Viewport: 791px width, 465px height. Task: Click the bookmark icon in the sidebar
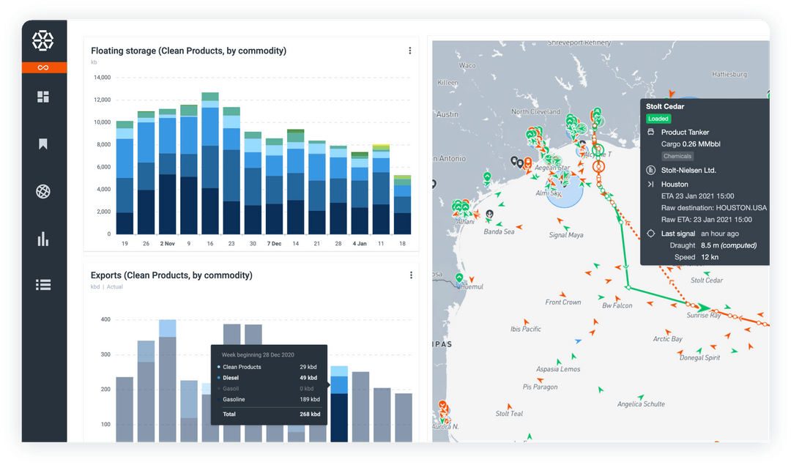click(x=43, y=144)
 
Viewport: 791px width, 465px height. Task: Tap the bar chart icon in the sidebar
click(x=43, y=239)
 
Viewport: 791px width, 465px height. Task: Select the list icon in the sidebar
click(x=43, y=286)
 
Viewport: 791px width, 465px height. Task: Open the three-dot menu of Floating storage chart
click(x=409, y=51)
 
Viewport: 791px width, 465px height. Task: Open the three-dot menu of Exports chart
click(x=411, y=275)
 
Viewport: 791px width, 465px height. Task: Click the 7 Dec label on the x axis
click(x=274, y=243)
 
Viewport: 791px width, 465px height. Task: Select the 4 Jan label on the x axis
click(x=359, y=243)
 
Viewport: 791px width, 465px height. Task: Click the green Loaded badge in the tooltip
click(x=658, y=119)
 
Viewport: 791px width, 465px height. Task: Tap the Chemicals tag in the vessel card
click(x=677, y=156)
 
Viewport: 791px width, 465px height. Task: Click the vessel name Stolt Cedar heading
click(x=665, y=107)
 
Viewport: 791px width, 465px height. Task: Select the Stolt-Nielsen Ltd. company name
click(x=688, y=171)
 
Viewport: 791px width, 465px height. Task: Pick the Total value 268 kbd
click(x=310, y=414)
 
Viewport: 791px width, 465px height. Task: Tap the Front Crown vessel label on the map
click(x=563, y=302)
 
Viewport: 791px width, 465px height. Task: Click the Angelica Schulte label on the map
click(x=641, y=404)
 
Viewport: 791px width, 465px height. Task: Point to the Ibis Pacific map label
click(x=526, y=330)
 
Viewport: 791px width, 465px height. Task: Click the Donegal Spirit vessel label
click(x=699, y=358)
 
